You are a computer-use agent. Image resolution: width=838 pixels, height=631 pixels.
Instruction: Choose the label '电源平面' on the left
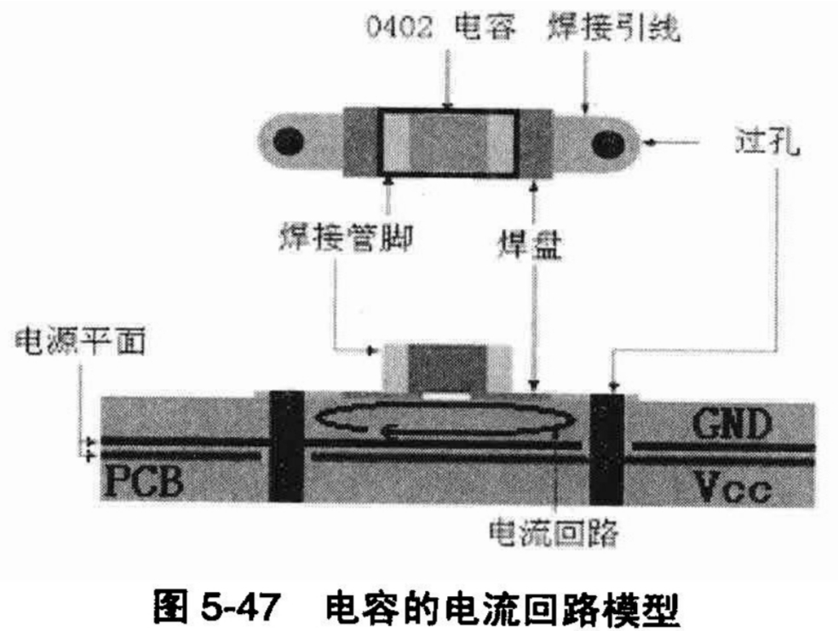(x=80, y=342)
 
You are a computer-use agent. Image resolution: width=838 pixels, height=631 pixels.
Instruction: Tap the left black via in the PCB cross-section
(x=285, y=445)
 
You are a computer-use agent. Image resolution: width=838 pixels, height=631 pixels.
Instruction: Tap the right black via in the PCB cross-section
(x=607, y=447)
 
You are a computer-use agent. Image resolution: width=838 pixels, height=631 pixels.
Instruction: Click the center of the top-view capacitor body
(x=447, y=142)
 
